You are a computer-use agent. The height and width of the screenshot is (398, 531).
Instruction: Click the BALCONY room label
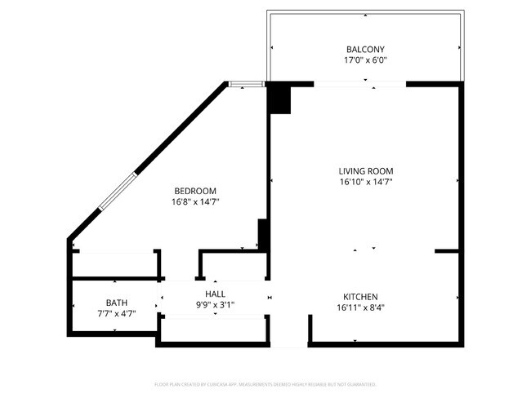pyautogui.click(x=364, y=49)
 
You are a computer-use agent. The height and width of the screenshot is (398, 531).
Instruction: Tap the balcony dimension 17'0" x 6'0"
pyautogui.click(x=364, y=60)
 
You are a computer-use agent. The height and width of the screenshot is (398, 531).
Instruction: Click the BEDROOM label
pyautogui.click(x=194, y=191)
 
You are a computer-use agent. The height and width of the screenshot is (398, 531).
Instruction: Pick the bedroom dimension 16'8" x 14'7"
pyautogui.click(x=194, y=201)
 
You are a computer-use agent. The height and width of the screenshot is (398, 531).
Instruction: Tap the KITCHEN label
pyautogui.click(x=360, y=297)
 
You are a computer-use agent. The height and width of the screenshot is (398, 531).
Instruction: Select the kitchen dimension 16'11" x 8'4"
pyautogui.click(x=360, y=308)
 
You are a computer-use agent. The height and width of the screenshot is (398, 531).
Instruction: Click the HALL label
pyautogui.click(x=216, y=294)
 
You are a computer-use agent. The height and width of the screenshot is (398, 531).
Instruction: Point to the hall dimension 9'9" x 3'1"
pyautogui.click(x=216, y=305)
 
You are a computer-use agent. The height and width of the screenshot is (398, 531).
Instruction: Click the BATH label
pyautogui.click(x=116, y=303)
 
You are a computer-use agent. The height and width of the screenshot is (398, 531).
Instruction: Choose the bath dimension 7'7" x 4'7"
pyautogui.click(x=116, y=314)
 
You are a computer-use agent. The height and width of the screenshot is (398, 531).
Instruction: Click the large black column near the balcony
pyautogui.click(x=279, y=99)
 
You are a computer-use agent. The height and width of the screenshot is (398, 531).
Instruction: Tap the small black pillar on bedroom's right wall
pyautogui.click(x=263, y=234)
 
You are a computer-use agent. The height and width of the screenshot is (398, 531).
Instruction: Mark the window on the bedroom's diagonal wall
pyautogui.click(x=117, y=190)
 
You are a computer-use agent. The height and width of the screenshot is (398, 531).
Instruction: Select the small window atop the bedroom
pyautogui.click(x=246, y=83)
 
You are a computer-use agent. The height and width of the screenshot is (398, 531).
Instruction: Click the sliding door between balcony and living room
pyautogui.click(x=360, y=83)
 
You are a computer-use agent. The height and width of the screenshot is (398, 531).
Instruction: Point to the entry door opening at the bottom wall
pyautogui.click(x=288, y=343)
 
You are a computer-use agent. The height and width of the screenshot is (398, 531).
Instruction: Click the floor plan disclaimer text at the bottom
pyautogui.click(x=265, y=383)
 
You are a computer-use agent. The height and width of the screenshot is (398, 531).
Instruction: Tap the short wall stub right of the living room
pyautogui.click(x=447, y=251)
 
